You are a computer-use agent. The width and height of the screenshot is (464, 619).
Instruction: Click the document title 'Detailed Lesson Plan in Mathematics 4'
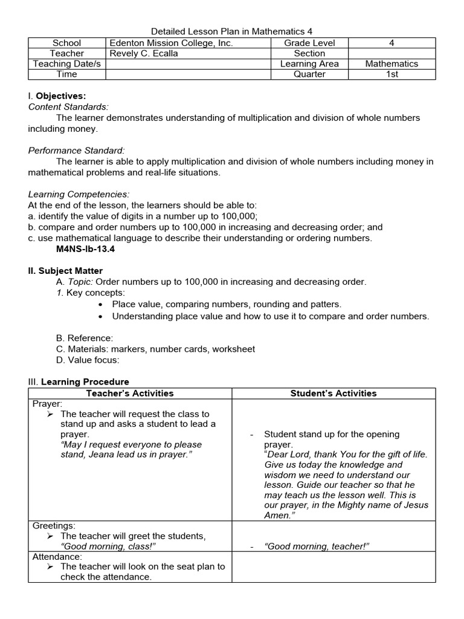(x=231, y=31)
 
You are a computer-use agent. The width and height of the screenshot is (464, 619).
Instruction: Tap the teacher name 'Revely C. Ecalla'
(x=144, y=53)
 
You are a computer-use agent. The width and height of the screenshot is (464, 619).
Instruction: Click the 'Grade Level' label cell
(x=309, y=43)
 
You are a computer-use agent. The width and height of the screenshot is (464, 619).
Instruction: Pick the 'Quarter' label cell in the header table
(x=309, y=74)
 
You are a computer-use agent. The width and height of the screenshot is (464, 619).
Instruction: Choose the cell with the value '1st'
(x=391, y=74)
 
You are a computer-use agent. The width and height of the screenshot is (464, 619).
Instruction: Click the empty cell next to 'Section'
(x=391, y=53)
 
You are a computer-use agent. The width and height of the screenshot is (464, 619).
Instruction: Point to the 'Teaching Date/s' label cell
(x=67, y=63)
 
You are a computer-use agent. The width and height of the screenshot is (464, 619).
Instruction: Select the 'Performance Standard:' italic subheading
(x=77, y=151)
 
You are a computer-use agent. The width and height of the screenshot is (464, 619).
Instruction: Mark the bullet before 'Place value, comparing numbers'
(x=100, y=304)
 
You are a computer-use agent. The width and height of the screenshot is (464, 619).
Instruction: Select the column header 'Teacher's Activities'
(x=130, y=394)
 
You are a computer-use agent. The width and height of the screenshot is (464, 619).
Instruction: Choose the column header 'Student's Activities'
(x=333, y=394)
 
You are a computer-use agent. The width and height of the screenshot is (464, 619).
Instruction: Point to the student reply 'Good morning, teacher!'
(x=317, y=546)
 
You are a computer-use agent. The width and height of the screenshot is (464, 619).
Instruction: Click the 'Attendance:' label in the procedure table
(x=57, y=556)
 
